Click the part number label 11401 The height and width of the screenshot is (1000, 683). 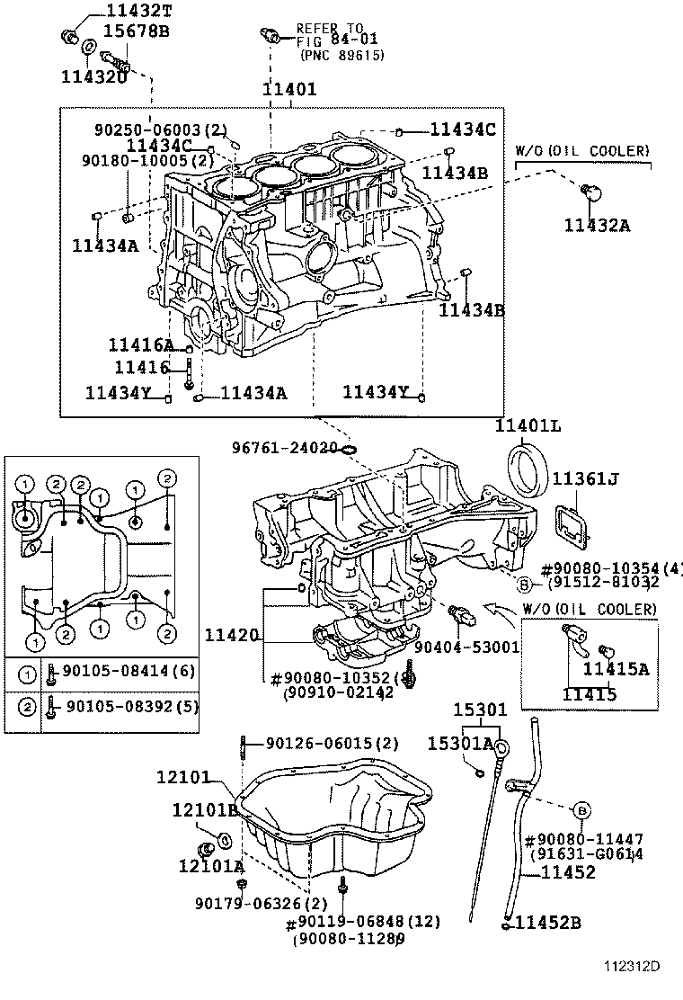(x=288, y=90)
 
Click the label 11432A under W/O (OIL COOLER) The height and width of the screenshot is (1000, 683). (x=597, y=226)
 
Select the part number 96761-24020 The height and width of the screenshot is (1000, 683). (x=284, y=447)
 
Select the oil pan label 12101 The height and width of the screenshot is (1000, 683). (x=208, y=776)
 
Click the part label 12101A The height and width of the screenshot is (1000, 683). (x=210, y=867)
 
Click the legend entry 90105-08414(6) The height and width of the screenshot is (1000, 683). (x=126, y=671)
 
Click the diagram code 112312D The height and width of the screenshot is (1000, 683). (x=631, y=967)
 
